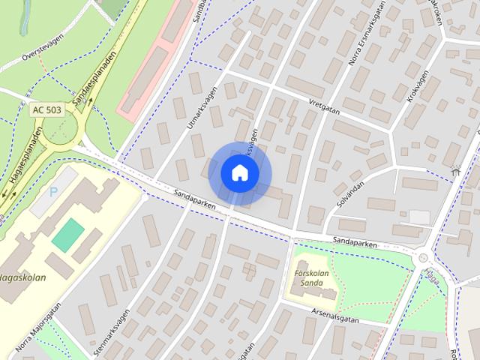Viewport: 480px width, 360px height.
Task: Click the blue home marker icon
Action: tap(239, 173)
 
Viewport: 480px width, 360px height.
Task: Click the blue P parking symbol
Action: tap(53, 191)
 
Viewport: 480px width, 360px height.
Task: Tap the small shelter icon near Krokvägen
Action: tap(455, 171)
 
